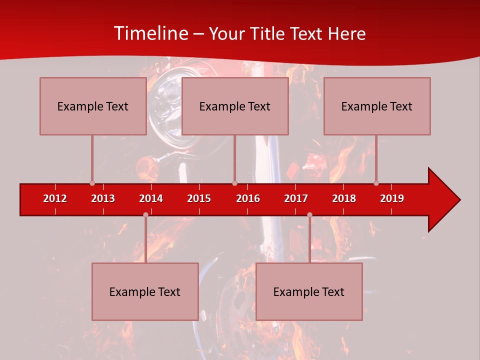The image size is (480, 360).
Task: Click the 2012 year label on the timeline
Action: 55,198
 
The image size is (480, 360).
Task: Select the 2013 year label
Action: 103,198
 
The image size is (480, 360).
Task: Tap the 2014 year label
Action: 151,198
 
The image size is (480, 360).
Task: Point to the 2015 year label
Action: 199,198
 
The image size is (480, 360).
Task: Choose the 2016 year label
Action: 248,198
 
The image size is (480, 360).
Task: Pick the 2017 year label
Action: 296,198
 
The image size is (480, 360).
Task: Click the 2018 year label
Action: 344,198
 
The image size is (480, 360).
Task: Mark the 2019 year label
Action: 392,198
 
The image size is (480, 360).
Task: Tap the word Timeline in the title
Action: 150,33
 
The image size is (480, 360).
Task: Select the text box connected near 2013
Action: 93,106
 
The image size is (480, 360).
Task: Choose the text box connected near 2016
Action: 235,106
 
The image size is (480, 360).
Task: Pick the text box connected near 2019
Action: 377,106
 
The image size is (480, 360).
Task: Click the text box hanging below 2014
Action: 145,291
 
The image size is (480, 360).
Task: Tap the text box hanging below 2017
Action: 309,291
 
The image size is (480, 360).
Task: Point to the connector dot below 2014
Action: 145,214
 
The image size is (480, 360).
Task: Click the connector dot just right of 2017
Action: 309,214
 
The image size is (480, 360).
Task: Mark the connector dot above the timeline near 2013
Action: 92,183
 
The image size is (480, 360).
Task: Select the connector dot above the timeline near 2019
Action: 376,183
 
